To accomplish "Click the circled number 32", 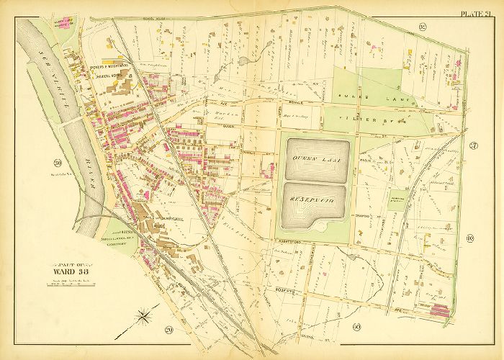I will point(422,27).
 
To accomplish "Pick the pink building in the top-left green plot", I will point(68,22).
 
